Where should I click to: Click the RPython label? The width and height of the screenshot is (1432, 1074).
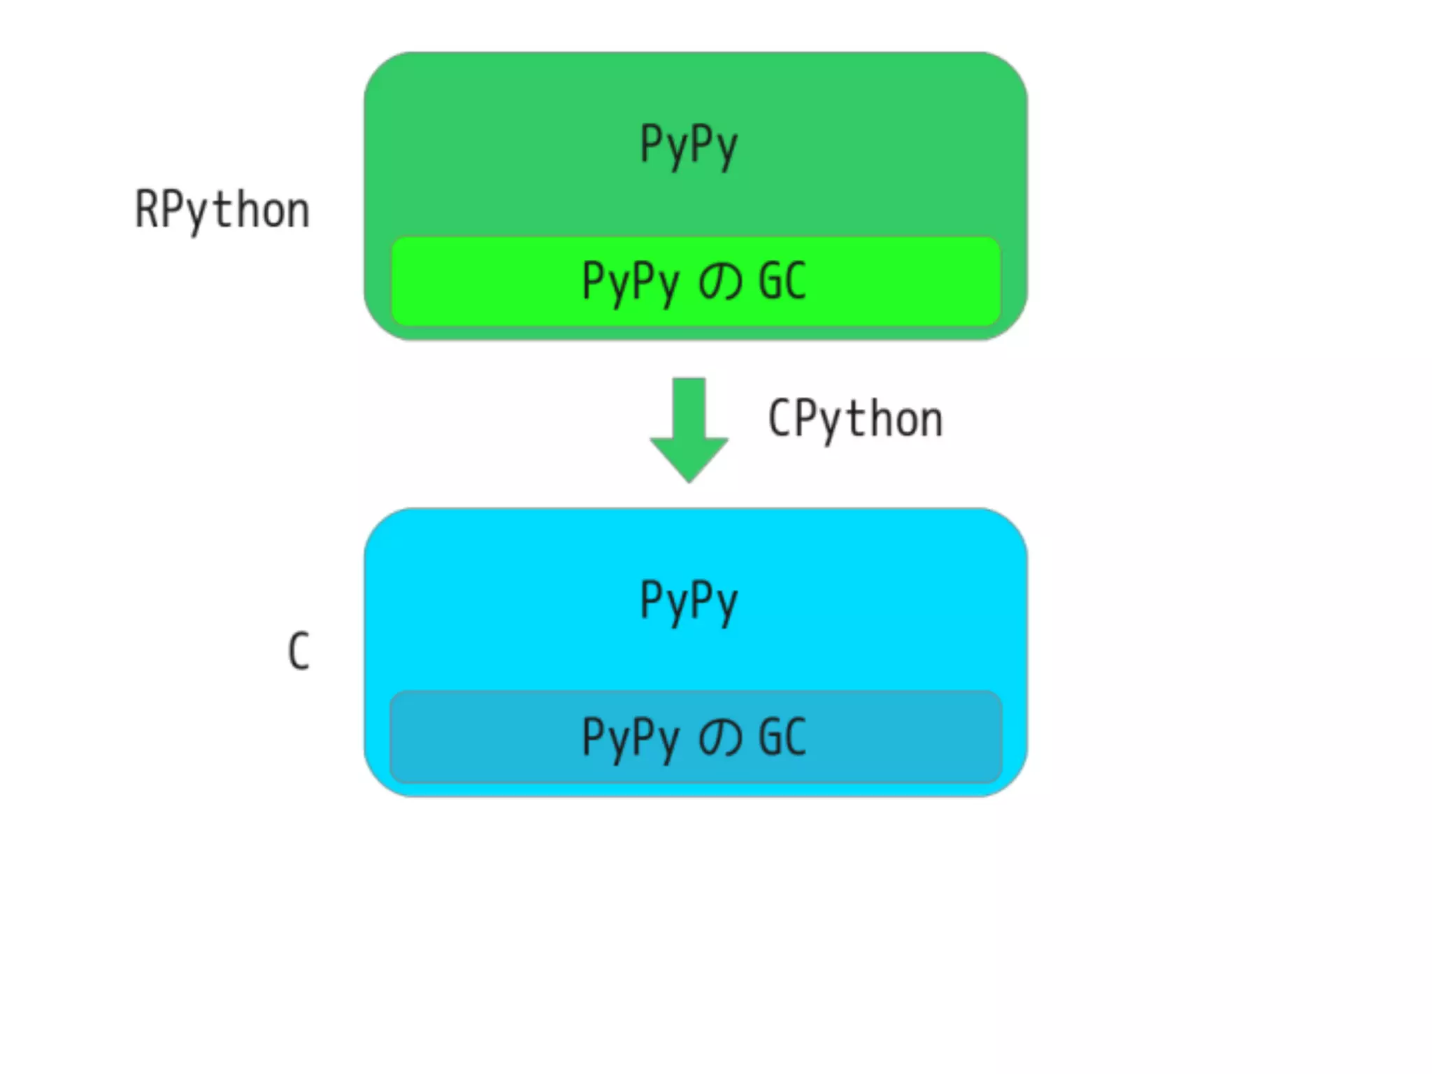point(222,210)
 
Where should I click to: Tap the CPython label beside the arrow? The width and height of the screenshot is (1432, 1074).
point(855,419)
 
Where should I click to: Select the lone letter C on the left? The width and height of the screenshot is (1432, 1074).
point(299,651)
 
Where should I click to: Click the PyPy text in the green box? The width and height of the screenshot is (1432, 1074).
point(689,145)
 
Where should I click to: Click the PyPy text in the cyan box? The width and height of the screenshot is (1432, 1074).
point(689,601)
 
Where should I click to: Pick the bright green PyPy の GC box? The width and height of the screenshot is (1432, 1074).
point(695,281)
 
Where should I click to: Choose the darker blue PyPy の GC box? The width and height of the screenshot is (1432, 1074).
point(695,737)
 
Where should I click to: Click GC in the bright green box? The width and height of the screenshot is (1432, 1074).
point(782,281)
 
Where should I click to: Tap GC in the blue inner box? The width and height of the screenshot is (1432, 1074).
point(782,737)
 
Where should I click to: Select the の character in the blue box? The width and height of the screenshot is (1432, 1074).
point(719,738)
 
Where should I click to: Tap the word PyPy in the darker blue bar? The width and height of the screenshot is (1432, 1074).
point(630,738)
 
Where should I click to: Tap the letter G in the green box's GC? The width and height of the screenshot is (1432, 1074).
point(770,281)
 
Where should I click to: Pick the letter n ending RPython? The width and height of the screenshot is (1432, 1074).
point(296,211)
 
